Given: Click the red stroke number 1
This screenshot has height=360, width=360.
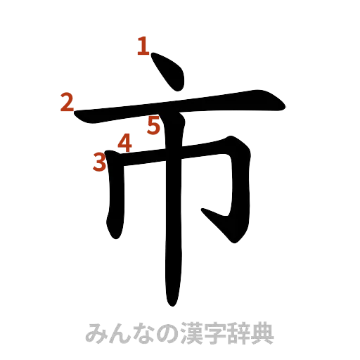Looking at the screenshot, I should pyautogui.click(x=143, y=47).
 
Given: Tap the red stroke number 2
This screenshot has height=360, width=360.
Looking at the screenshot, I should pyautogui.click(x=66, y=103).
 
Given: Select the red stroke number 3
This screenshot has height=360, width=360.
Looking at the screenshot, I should pyautogui.click(x=100, y=163).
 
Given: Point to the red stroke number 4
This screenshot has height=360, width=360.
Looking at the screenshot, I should pyautogui.click(x=124, y=143).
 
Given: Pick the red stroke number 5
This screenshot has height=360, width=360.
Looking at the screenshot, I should pyautogui.click(x=154, y=126).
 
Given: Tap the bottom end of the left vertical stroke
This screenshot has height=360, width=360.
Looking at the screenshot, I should pyautogui.click(x=114, y=236).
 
